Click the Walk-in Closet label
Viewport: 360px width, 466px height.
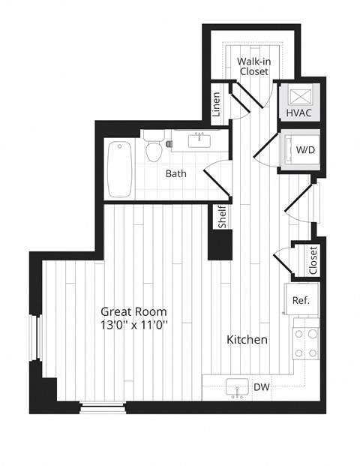tap(254, 66)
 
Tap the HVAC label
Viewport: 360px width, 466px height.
tap(298, 113)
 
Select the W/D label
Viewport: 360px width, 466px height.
tap(305, 150)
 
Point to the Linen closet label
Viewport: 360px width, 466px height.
tap(217, 104)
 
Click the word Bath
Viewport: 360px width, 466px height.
tap(175, 173)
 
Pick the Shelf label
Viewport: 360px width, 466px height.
tap(222, 217)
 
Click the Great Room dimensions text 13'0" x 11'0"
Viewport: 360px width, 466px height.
tap(134, 325)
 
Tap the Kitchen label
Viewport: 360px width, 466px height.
tap(247, 339)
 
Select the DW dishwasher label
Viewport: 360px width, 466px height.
tap(262, 387)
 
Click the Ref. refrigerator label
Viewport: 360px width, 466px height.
tap(301, 300)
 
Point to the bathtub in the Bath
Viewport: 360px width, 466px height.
tap(119, 169)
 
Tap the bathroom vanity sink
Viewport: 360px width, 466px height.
tap(199, 140)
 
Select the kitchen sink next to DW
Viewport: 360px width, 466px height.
tap(237, 387)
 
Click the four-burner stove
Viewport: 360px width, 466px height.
tap(306, 343)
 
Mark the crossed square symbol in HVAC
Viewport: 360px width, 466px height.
tap(300, 96)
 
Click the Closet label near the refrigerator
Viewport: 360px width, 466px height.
tap(313, 260)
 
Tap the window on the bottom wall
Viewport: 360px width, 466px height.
tap(103, 407)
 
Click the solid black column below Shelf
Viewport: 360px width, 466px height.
tap(220, 245)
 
